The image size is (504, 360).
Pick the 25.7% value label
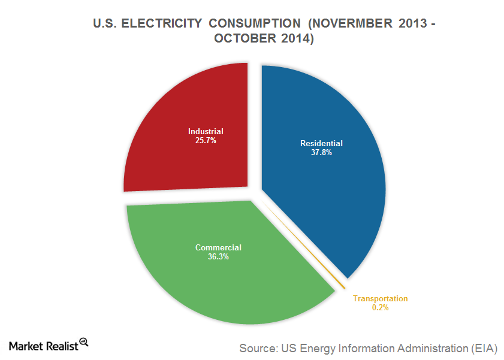point(205,141)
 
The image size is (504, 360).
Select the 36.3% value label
point(218,257)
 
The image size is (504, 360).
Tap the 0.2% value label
point(380,308)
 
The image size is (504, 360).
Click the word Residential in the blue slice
point(321,144)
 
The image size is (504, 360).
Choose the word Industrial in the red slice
point(206,132)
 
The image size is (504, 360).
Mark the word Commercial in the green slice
point(218,247)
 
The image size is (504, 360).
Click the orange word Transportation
point(380,298)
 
